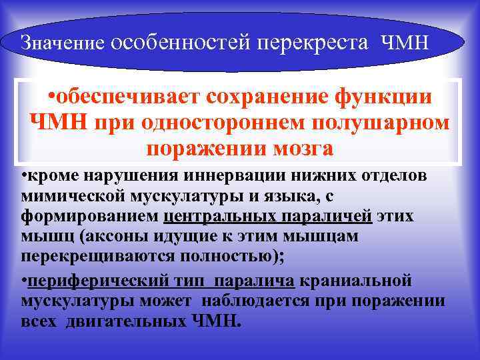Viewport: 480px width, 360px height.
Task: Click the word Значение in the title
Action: pos(61,43)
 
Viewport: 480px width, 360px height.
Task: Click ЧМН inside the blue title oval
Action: pos(407,43)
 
